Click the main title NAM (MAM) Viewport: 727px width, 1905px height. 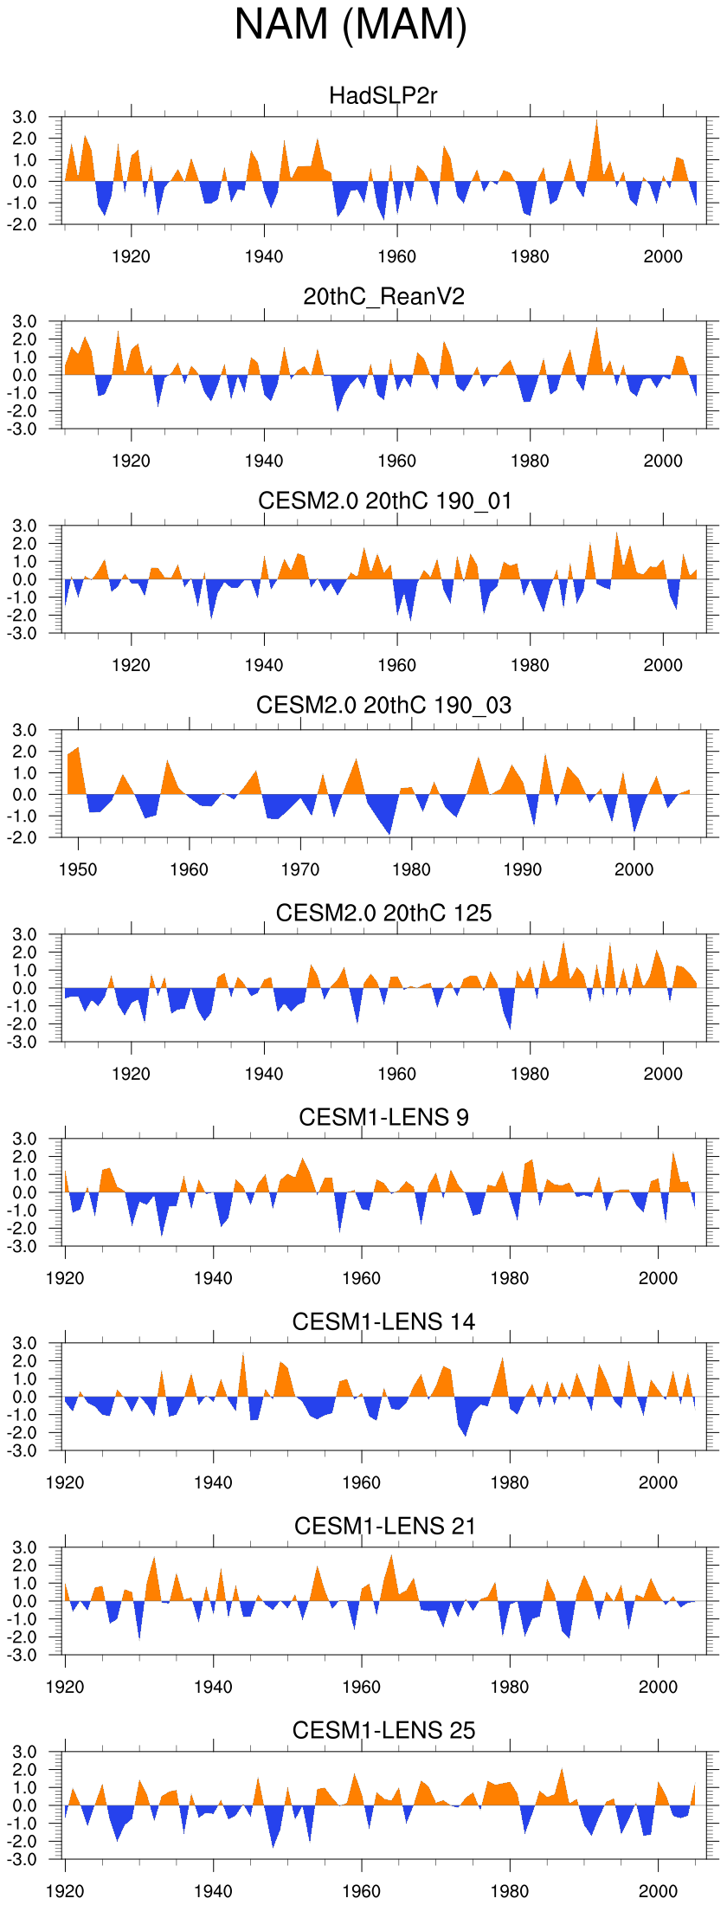tap(351, 24)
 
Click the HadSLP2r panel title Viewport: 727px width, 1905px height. tap(383, 95)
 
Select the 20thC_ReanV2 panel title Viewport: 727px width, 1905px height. tap(383, 297)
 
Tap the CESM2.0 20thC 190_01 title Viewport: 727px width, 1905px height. tap(384, 500)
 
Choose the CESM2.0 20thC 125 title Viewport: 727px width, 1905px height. tap(383, 913)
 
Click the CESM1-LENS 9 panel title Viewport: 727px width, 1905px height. tap(383, 1117)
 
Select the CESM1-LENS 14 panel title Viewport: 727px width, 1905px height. tap(383, 1321)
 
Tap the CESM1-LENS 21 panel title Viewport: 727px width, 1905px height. tap(384, 1526)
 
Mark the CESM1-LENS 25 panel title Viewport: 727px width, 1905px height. tap(383, 1730)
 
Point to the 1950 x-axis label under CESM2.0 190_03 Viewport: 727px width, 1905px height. tap(78, 869)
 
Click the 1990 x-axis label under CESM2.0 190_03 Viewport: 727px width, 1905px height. tap(523, 869)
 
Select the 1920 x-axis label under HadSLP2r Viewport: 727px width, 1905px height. tap(131, 256)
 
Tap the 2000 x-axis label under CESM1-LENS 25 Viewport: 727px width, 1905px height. tap(658, 1891)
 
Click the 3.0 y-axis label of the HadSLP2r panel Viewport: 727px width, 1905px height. tap(25, 118)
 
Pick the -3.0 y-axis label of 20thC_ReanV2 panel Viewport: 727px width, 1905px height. tap(23, 429)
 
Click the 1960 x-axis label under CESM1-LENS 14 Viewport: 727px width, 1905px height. tap(361, 1482)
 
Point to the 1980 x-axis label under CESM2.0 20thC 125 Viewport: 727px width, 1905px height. tap(530, 1074)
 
